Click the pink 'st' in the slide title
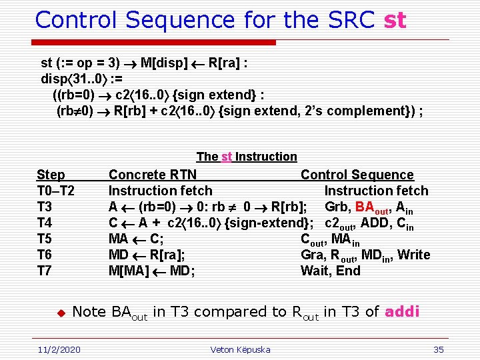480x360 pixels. pyautogui.click(x=395, y=20)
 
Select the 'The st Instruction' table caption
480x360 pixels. pyautogui.click(x=247, y=157)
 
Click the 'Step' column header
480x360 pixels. pyautogui.click(x=51, y=175)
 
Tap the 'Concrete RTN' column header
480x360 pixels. pyautogui.click(x=153, y=175)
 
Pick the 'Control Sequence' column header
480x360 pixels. pyautogui.click(x=357, y=175)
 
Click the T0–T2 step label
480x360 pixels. pyautogui.click(x=55, y=191)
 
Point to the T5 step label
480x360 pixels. pyautogui.click(x=45, y=239)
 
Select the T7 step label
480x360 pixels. pyautogui.click(x=45, y=271)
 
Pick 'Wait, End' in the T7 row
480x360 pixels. pyautogui.click(x=331, y=271)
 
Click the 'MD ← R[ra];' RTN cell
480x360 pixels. pyautogui.click(x=147, y=255)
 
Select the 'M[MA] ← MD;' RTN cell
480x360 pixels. pyautogui.click(x=151, y=271)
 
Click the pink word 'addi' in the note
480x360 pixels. pyautogui.click(x=402, y=311)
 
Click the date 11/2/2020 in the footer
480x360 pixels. pyautogui.click(x=58, y=349)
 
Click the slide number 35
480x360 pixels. pyautogui.click(x=438, y=349)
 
